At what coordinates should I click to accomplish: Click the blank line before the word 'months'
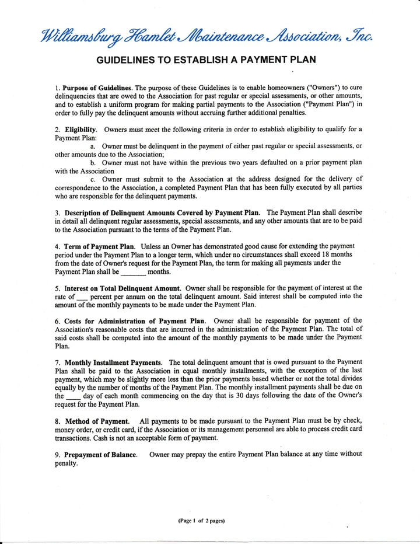coord(133,272)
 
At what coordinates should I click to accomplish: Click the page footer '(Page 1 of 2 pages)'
coord(202,519)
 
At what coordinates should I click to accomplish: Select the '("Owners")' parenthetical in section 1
coord(323,88)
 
